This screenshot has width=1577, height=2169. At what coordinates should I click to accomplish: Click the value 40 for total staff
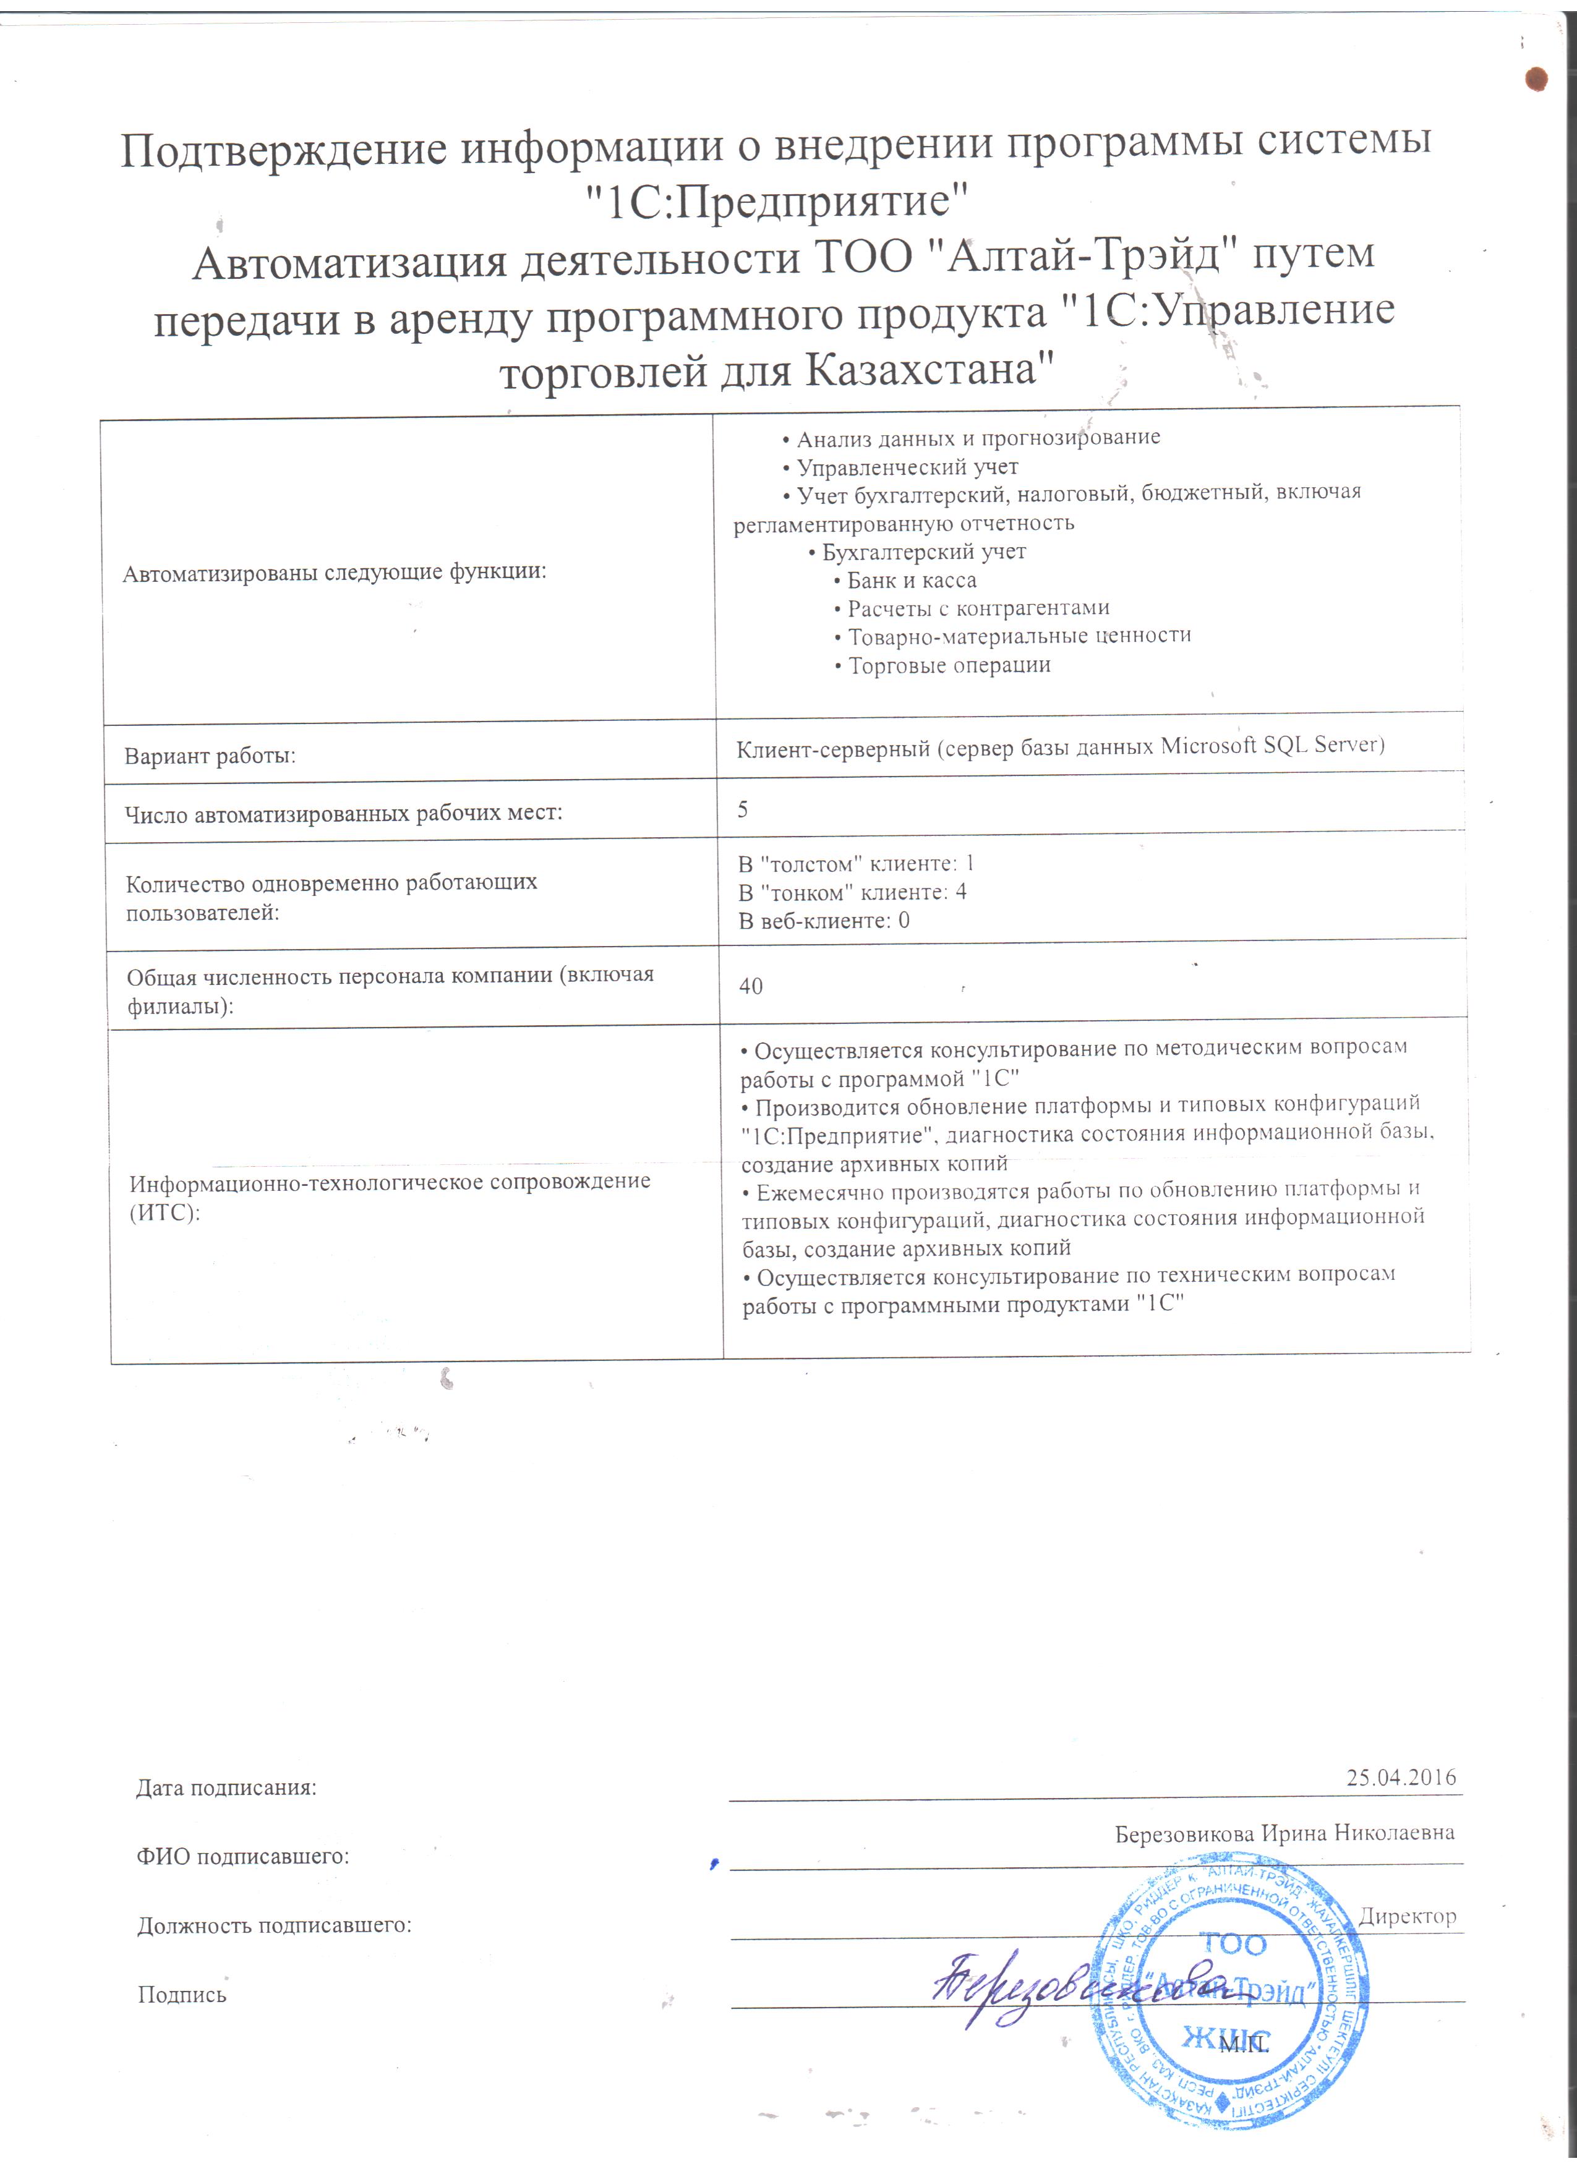click(x=751, y=986)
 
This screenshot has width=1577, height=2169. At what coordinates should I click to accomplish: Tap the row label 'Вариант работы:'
click(x=210, y=756)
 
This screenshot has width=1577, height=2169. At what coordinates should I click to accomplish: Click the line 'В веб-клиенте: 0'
click(x=824, y=921)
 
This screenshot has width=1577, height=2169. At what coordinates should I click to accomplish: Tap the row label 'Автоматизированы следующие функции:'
click(x=334, y=573)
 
